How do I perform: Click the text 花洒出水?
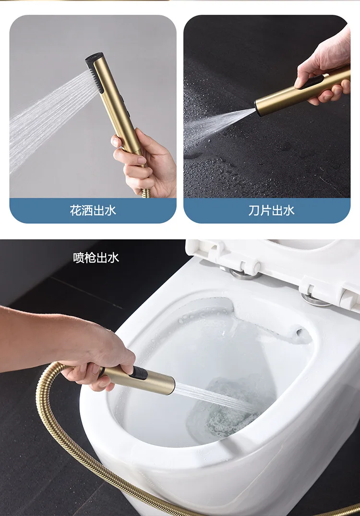tap(93, 210)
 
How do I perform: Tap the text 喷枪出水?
tap(96, 258)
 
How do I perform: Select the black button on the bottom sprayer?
tap(138, 373)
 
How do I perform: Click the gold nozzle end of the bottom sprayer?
tap(166, 384)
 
